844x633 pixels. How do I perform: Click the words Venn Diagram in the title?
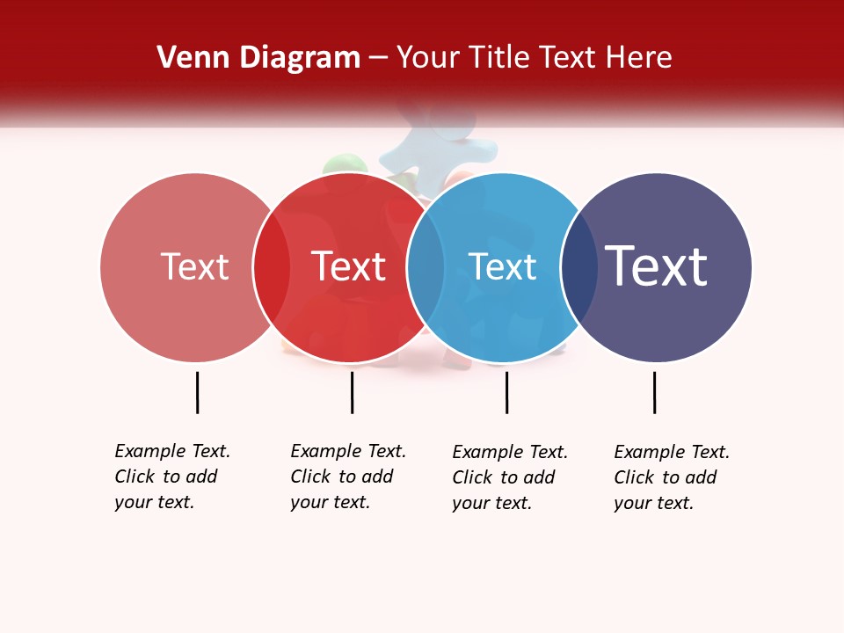tap(258, 58)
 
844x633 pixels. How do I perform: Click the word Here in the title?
tap(640, 58)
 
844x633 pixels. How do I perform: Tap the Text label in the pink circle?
tap(194, 266)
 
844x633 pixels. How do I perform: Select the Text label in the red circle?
tap(349, 266)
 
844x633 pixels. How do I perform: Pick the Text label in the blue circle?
tap(502, 266)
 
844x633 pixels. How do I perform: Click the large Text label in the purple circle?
tap(657, 266)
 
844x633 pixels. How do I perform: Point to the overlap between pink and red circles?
tap(272, 267)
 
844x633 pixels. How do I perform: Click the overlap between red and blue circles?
tap(426, 267)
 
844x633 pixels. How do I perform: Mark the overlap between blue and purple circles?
tap(578, 267)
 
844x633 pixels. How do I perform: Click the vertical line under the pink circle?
tap(198, 392)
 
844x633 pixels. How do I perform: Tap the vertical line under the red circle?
tap(352, 392)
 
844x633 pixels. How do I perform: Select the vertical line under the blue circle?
tap(506, 392)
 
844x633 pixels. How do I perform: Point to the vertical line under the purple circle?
tap(654, 392)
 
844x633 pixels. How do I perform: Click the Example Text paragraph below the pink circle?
tap(172, 477)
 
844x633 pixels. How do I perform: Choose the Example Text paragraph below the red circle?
tap(348, 477)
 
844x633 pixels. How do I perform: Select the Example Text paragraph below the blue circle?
tap(510, 477)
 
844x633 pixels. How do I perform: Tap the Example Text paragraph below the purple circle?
tap(672, 477)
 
